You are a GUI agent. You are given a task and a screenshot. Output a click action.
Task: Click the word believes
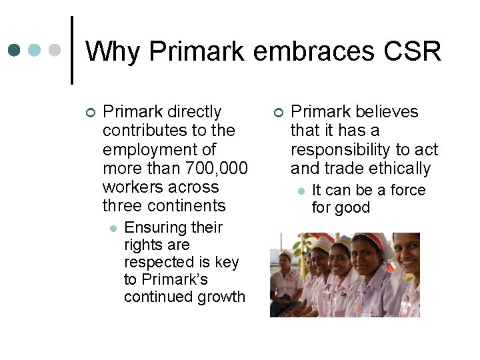tap(387, 111)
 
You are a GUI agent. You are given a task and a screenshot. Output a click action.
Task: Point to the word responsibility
tap(341, 149)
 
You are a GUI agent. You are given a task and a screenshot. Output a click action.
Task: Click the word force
tap(407, 190)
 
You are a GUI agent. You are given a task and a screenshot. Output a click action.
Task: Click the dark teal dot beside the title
tap(14, 50)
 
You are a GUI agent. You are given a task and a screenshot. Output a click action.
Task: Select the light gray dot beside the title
tap(57, 50)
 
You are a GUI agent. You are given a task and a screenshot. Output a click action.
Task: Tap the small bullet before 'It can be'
tap(301, 191)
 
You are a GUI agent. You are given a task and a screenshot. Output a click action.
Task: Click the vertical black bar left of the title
tap(72, 51)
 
